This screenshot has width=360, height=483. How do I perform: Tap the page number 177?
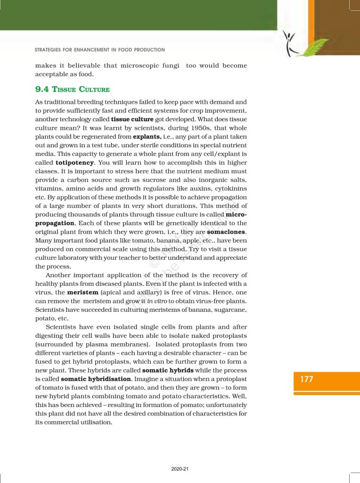point(307,379)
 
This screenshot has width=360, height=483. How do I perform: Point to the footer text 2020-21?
point(180,469)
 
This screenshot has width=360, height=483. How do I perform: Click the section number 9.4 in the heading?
point(42,89)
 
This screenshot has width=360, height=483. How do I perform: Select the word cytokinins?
point(230,189)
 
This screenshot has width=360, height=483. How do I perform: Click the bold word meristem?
point(82,292)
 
